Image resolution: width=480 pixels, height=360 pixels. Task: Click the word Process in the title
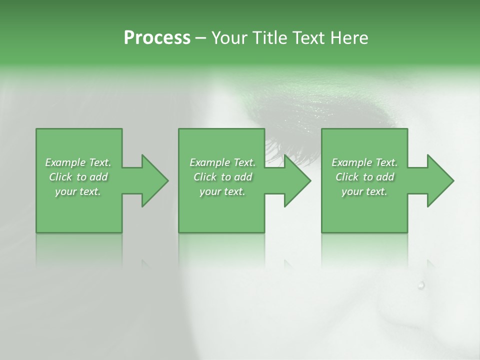[157, 38]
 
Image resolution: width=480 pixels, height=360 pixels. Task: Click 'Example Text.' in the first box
[78, 162]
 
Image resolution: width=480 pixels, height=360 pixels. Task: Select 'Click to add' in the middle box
[222, 177]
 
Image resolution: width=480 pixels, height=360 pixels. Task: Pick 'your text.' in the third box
[364, 191]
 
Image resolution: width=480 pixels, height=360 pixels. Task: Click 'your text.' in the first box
[78, 191]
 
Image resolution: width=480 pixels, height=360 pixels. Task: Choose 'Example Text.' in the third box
[364, 162]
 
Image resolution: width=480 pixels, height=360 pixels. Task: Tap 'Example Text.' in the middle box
[222, 162]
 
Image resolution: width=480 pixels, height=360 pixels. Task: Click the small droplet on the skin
[421, 285]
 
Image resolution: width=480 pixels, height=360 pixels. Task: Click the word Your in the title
[229, 38]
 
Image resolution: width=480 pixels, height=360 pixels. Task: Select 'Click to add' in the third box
[364, 177]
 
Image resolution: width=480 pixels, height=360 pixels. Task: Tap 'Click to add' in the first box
[78, 177]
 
